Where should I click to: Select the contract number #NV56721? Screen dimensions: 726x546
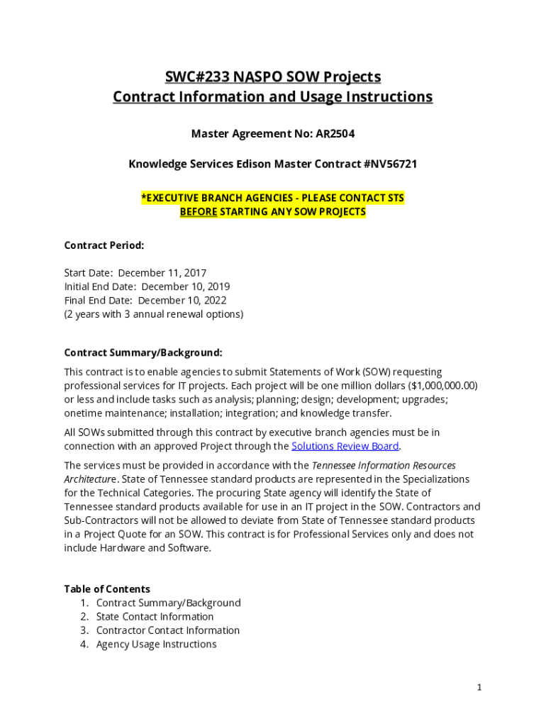click(390, 164)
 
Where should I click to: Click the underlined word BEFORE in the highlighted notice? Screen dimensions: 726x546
click(198, 212)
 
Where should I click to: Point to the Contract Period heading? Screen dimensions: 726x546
click(104, 246)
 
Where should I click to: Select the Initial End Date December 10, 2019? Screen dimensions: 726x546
click(185, 286)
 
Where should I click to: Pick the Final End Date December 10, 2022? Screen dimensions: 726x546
click(182, 301)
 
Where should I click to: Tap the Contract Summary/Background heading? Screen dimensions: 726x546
click(143, 352)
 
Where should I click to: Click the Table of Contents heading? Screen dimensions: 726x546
click(107, 589)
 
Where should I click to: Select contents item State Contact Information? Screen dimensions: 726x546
click(155, 617)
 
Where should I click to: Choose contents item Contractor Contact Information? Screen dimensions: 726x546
click(168, 630)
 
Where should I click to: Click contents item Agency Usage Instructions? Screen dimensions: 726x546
click(156, 644)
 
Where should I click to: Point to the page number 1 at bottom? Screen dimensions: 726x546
click(479, 687)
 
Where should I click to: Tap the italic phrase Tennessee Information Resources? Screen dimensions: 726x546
click(384, 466)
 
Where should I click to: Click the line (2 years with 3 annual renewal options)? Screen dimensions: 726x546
click(154, 314)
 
